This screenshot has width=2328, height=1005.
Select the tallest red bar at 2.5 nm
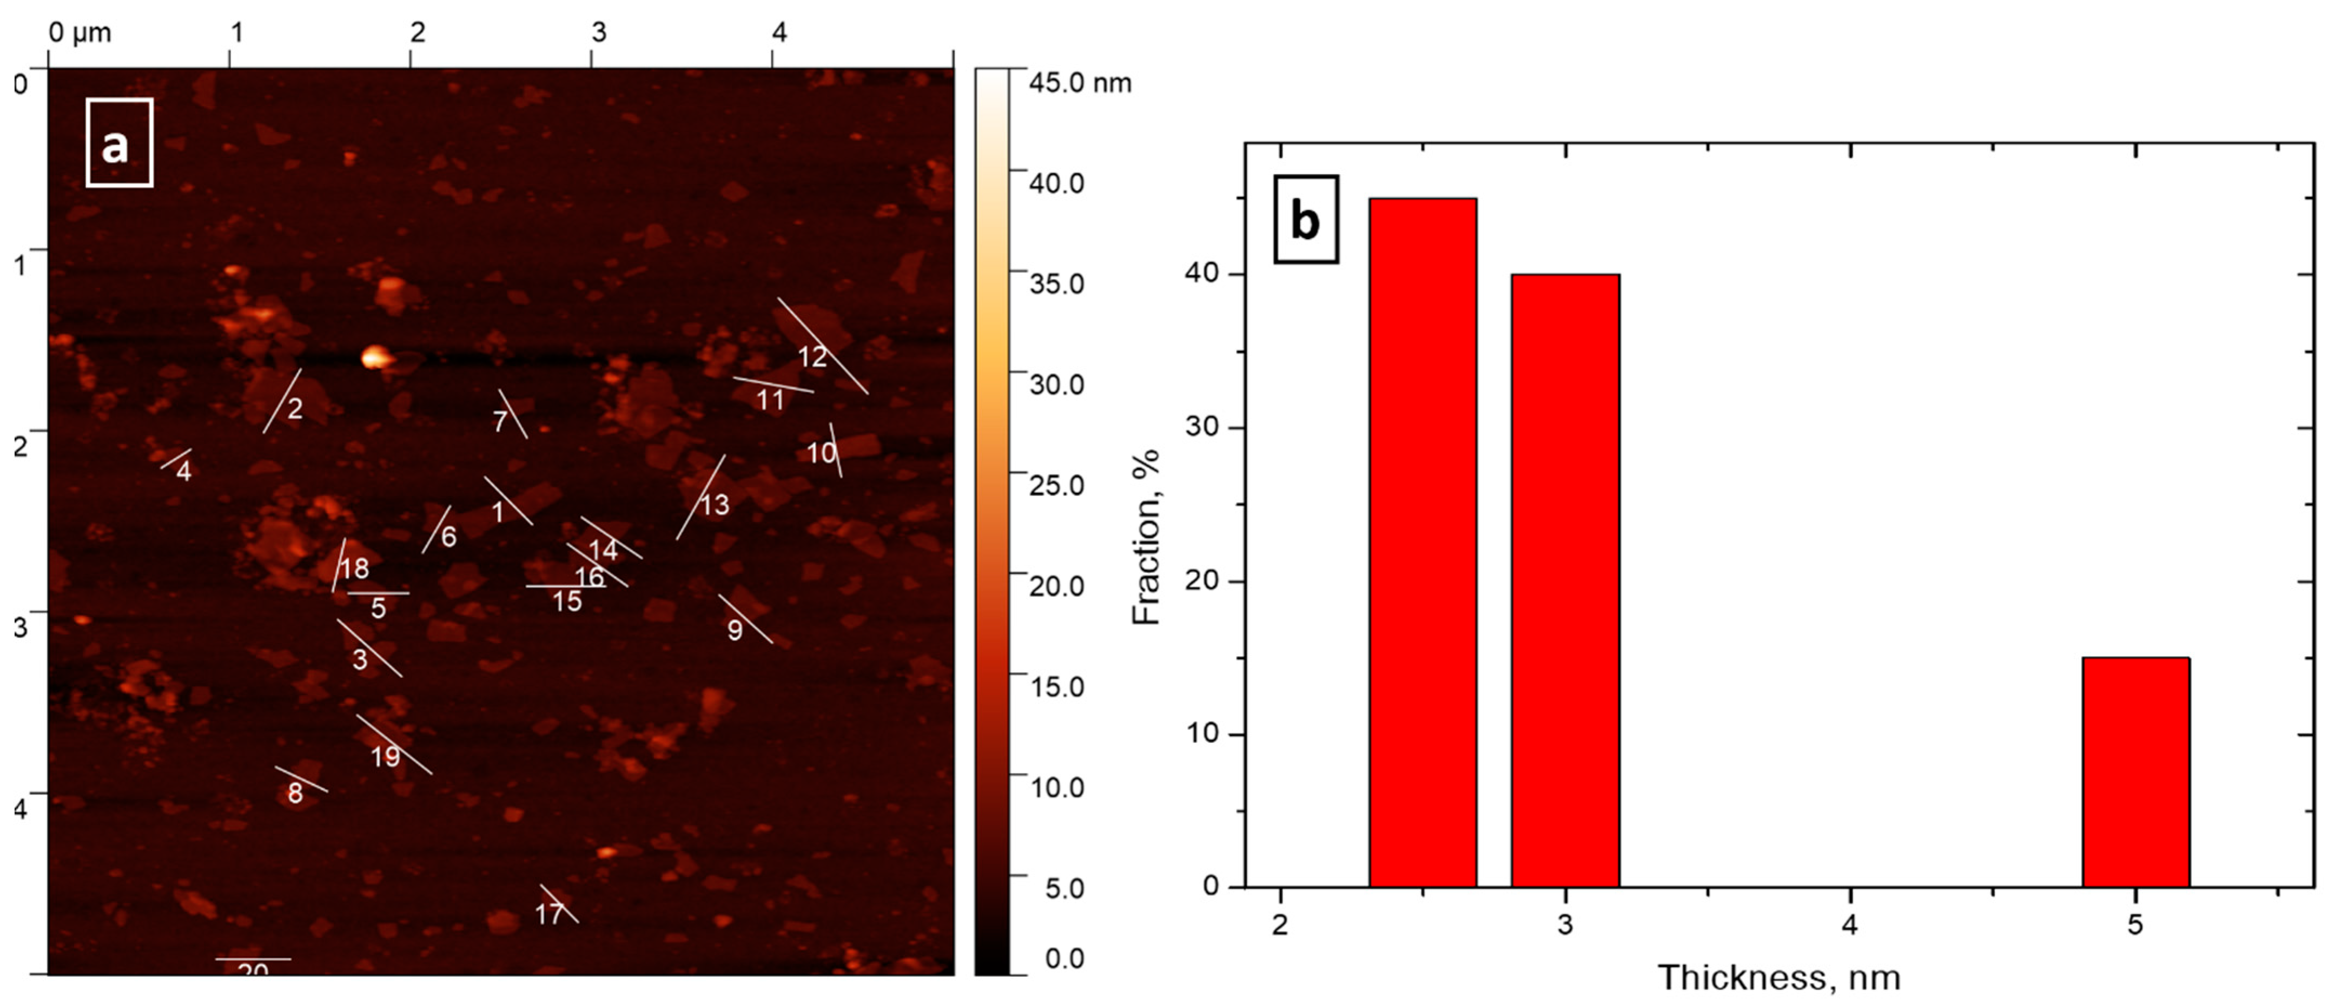(1423, 543)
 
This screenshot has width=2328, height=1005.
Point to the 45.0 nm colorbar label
(1080, 83)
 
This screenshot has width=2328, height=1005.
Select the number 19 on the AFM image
(385, 756)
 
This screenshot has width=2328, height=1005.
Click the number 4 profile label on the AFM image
(183, 471)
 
